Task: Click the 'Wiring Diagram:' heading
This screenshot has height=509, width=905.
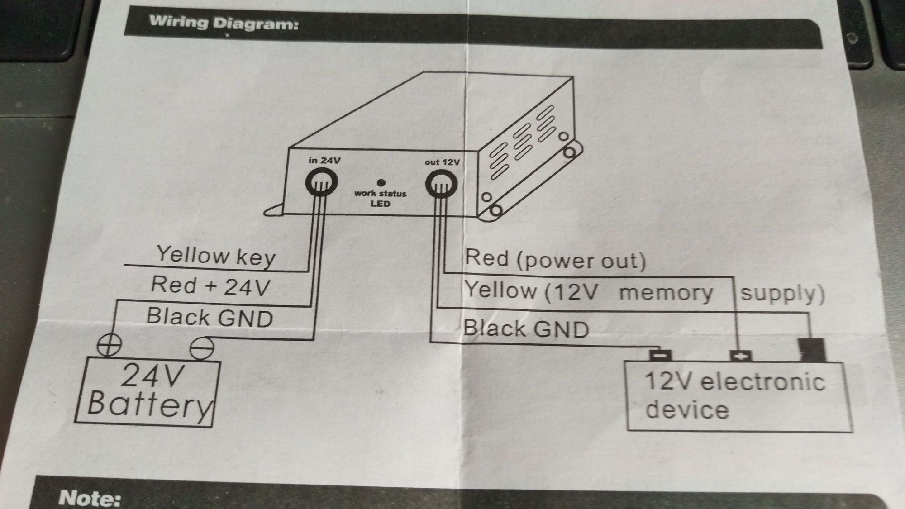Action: pyautogui.click(x=224, y=23)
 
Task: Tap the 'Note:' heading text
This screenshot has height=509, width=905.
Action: pyautogui.click(x=90, y=498)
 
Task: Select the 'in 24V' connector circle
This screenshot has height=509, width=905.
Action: pyautogui.click(x=321, y=183)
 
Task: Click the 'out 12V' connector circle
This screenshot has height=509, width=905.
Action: pyautogui.click(x=441, y=185)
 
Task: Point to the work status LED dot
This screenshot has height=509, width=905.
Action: pyautogui.click(x=381, y=183)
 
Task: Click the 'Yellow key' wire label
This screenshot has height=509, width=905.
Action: pyautogui.click(x=216, y=256)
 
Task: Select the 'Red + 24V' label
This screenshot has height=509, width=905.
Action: pyautogui.click(x=210, y=286)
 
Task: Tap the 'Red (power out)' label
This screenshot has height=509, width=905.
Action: pyautogui.click(x=555, y=259)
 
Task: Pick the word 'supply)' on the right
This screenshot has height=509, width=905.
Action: pyautogui.click(x=782, y=294)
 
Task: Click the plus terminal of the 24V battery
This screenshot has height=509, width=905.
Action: pyautogui.click(x=109, y=345)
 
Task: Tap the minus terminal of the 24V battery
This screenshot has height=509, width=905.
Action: pyautogui.click(x=201, y=348)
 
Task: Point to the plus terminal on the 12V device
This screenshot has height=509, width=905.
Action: pyautogui.click(x=741, y=356)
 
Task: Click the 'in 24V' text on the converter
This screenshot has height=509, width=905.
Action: pyautogui.click(x=324, y=160)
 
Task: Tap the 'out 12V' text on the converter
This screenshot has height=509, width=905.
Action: pyautogui.click(x=442, y=162)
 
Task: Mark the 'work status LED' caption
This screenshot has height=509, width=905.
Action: pyautogui.click(x=380, y=198)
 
